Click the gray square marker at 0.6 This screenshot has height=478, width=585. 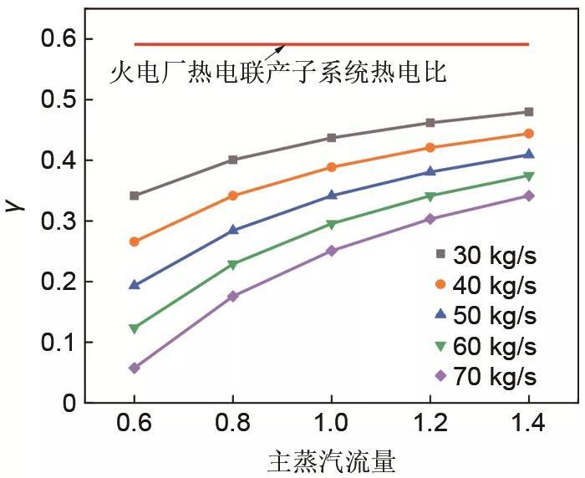(x=134, y=196)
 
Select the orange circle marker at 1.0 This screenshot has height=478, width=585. (x=332, y=167)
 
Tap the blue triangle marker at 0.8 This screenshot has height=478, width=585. (x=233, y=230)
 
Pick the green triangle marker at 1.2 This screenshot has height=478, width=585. (x=430, y=197)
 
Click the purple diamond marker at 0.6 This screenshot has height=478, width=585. (x=134, y=368)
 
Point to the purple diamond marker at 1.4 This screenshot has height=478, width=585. (x=528, y=196)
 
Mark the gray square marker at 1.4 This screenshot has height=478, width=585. (x=528, y=112)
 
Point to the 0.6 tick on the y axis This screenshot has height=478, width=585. (x=58, y=39)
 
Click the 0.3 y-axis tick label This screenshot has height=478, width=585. (x=58, y=221)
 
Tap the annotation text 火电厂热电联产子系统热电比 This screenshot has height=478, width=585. (x=278, y=73)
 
